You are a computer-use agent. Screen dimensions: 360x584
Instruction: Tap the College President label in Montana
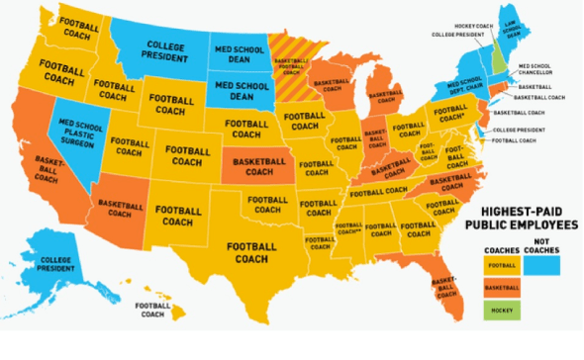pyautogui.click(x=165, y=51)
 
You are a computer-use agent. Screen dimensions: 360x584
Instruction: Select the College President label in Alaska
pyautogui.click(x=54, y=264)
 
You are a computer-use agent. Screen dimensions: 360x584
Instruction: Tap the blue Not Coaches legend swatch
pyautogui.click(x=542, y=265)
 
